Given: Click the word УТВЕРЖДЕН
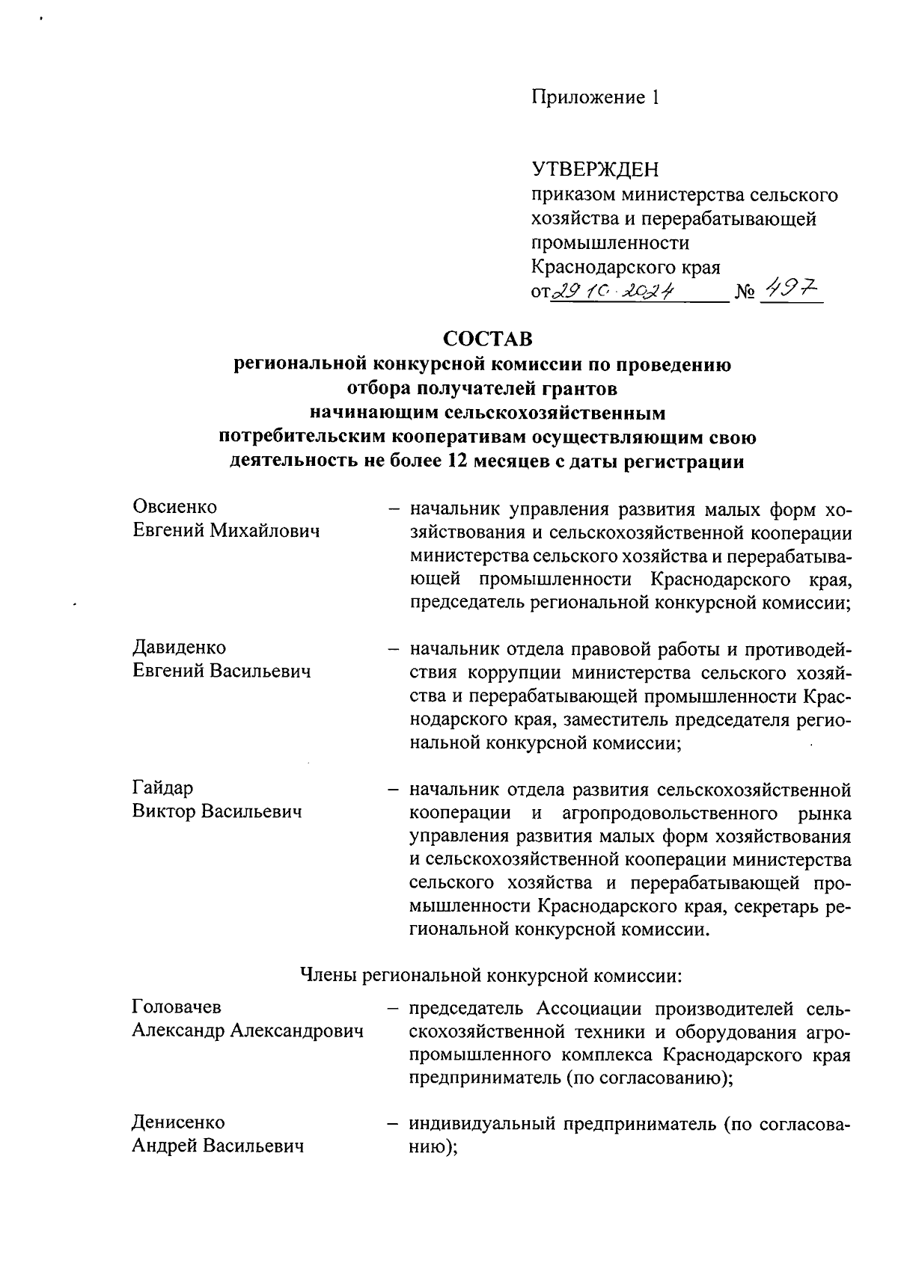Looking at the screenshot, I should [x=595, y=170].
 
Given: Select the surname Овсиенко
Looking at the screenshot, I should [x=174, y=506].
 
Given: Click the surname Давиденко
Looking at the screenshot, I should [x=179, y=647].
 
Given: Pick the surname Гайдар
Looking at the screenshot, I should [x=162, y=787].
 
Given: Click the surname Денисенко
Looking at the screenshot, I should [x=178, y=1122].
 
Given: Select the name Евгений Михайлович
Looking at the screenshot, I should [x=226, y=530].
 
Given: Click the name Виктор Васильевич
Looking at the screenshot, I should [x=217, y=811].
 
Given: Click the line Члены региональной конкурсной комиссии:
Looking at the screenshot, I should [x=490, y=975].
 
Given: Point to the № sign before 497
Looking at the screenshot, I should [x=745, y=292].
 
